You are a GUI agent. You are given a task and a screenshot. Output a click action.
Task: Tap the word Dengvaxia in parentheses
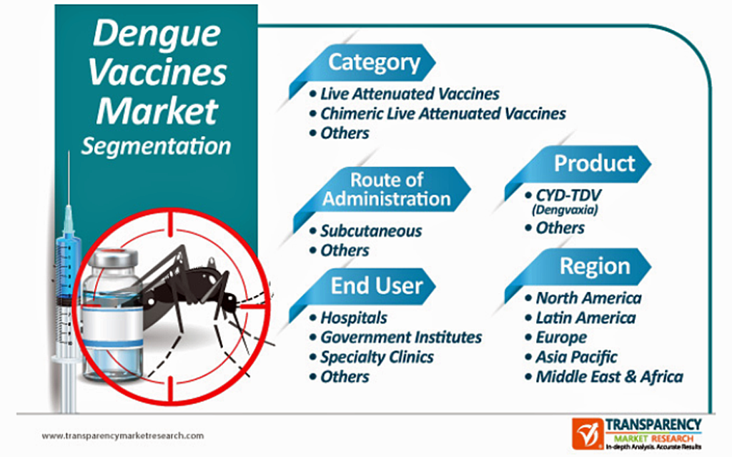[x=565, y=210]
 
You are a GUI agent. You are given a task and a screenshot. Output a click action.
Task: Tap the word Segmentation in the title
[x=156, y=147]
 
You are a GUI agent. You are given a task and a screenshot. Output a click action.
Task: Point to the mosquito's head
[x=229, y=301]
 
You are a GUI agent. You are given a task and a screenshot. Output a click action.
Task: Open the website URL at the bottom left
[x=123, y=436]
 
